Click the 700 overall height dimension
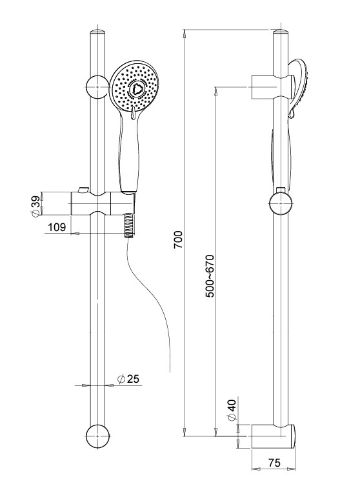[x=178, y=240]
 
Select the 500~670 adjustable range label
[x=210, y=276]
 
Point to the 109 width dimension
[x=57, y=227]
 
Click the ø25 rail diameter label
[x=128, y=379]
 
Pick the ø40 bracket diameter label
[x=232, y=411]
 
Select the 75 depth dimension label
[x=274, y=463]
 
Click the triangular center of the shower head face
[x=135, y=89]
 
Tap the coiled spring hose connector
[x=128, y=225]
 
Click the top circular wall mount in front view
[x=97, y=87]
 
